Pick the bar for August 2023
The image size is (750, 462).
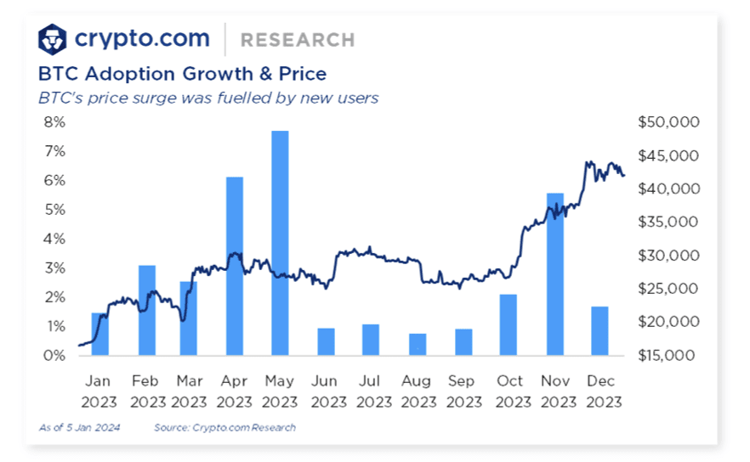417,344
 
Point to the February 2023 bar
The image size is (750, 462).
147,310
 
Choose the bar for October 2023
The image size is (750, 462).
509,324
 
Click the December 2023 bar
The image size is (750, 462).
599,330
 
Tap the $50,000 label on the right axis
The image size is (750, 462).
668,122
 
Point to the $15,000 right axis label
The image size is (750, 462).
668,356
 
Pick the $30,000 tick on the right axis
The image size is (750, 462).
668,256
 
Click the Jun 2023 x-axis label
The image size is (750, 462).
326,391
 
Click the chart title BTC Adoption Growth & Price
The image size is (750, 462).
182,74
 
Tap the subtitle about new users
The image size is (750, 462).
208,98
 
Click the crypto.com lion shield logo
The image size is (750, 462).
54,38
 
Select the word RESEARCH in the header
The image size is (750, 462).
298,40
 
